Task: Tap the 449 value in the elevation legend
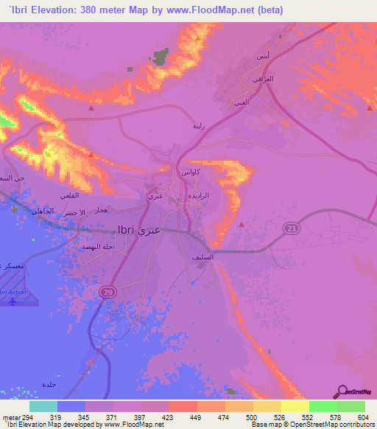click(195, 417)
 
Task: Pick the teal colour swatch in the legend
click(43, 406)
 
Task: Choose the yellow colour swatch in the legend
click(294, 406)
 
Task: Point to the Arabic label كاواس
click(187, 171)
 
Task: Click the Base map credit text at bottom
click(309, 425)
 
